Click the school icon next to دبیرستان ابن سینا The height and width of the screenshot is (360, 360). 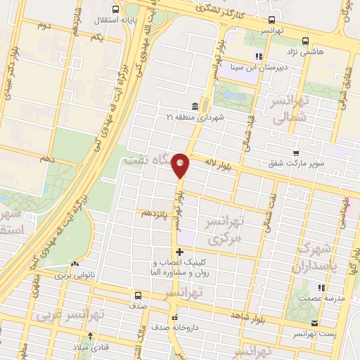pyautogui.click(x=259, y=56)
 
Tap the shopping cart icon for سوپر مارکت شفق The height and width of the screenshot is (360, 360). pyautogui.click(x=297, y=152)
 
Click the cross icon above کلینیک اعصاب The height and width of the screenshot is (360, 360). pyautogui.click(x=179, y=252)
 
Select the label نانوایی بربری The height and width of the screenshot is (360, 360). pyautogui.click(x=72, y=276)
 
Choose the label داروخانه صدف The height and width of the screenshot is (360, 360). pyautogui.click(x=172, y=328)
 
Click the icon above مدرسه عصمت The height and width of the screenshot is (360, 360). pyautogui.click(x=321, y=288)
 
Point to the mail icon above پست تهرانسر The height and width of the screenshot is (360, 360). pyautogui.click(x=315, y=323)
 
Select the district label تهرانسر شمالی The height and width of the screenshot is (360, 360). pyautogui.click(x=290, y=112)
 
